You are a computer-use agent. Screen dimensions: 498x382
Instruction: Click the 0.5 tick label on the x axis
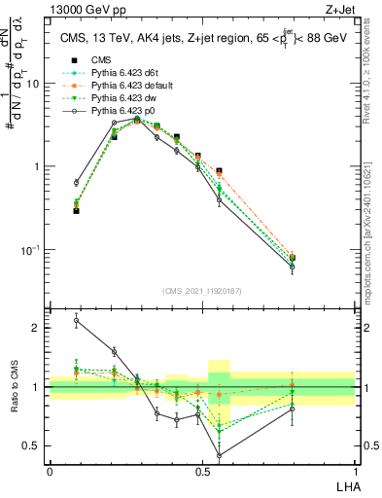tap(201, 471)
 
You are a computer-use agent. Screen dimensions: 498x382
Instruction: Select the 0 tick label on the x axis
tap(49, 471)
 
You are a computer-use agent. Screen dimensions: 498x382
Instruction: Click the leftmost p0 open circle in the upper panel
tap(77, 182)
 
